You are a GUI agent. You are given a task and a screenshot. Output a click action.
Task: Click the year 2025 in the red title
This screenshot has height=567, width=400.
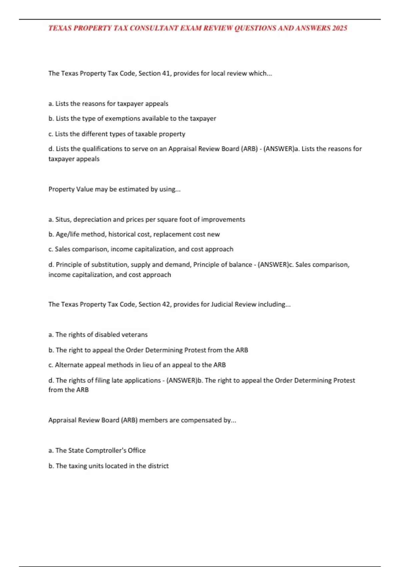pos(340,28)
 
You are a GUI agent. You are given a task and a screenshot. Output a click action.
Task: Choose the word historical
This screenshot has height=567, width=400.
pos(122,234)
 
